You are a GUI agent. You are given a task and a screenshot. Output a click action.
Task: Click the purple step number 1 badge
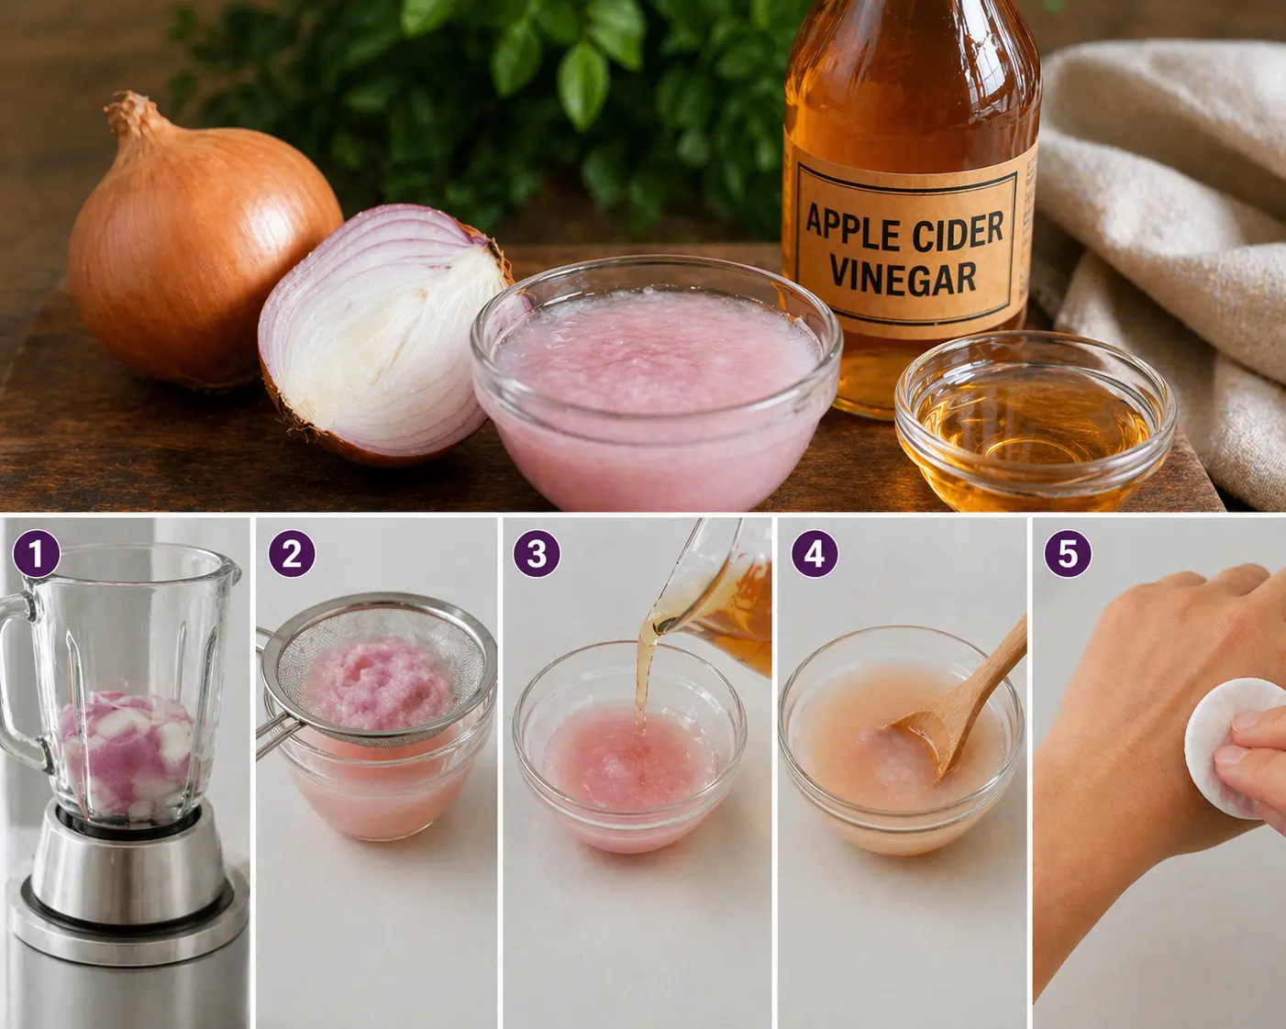(37, 554)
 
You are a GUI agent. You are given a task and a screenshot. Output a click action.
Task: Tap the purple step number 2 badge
(292, 554)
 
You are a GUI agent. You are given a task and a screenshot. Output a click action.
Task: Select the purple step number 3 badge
(536, 554)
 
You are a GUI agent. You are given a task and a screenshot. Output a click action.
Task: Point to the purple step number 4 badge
(815, 554)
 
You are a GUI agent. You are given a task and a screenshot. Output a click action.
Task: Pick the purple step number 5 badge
(1068, 554)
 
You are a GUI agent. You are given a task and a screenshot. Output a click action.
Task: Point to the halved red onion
(382, 335)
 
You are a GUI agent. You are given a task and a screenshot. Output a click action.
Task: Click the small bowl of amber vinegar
(1034, 421)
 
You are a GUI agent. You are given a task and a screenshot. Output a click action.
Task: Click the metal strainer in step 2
(376, 672)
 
